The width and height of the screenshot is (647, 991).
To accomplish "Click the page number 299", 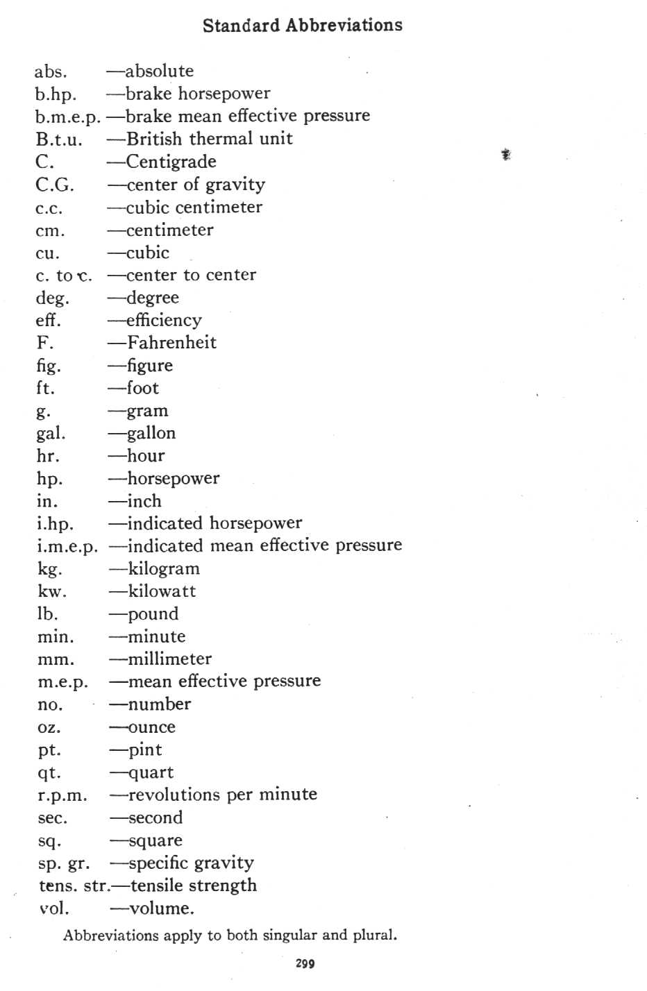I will point(305,963).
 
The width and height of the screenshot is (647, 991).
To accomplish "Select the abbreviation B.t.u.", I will point(59,139).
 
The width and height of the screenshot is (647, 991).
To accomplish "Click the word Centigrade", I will point(171,162).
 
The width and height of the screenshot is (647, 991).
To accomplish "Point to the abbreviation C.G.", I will point(55,185).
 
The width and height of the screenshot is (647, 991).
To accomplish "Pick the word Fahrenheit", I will point(171,343).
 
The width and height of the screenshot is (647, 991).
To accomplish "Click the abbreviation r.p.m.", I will point(62,796).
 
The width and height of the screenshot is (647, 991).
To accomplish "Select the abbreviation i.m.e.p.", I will point(67,547).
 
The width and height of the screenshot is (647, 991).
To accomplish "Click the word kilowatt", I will point(162,591).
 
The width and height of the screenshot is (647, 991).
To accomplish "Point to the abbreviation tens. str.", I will point(74,886).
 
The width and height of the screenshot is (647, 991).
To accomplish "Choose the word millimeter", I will point(169,659).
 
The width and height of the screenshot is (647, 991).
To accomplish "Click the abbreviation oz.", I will point(49,728).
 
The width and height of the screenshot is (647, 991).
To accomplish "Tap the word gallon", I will point(151,434).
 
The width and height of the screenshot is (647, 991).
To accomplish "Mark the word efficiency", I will point(164,321).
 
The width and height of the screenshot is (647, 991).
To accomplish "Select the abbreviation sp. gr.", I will point(64,864).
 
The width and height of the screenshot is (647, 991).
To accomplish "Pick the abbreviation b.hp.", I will point(56,94).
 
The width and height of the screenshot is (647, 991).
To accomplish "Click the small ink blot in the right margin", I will point(506,155).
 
